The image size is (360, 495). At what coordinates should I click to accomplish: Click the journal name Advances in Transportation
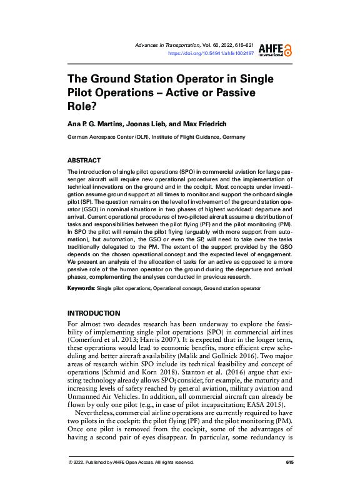167,46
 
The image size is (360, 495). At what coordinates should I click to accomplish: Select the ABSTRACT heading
84,161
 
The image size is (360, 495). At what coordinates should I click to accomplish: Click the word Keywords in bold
81,288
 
